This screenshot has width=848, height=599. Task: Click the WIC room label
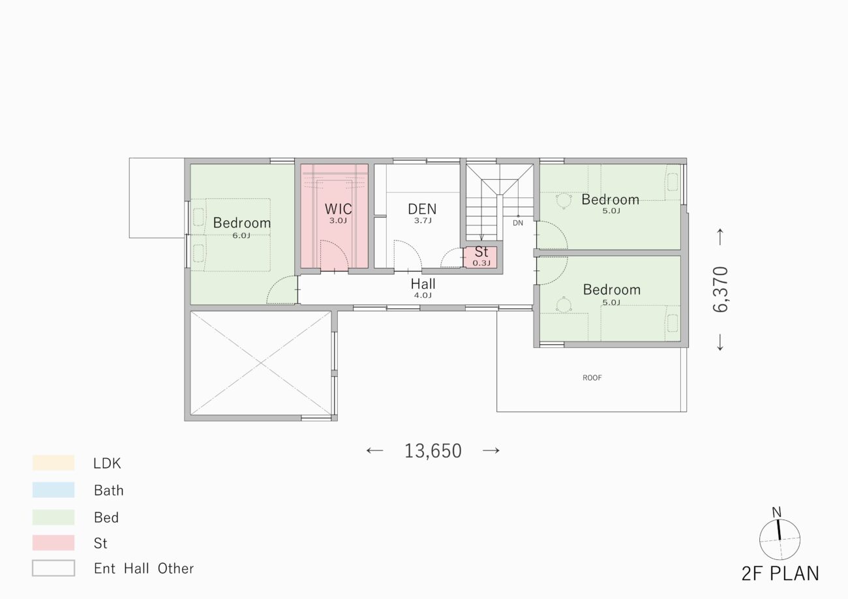coord(338,209)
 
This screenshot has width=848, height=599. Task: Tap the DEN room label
coord(422,209)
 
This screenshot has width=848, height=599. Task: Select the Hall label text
coord(423,284)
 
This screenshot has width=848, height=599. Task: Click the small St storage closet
coord(481,257)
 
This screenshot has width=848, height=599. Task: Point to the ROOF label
coord(592,377)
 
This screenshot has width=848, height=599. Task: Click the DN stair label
coord(518,223)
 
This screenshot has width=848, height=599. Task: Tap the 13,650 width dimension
coord(433,450)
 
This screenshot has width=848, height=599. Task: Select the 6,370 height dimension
coord(720,289)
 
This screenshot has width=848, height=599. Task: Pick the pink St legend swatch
coord(53,543)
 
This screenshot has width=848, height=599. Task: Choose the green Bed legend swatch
coord(53,517)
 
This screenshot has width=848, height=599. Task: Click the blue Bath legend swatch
coord(53,489)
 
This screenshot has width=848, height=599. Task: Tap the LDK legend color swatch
coord(53,463)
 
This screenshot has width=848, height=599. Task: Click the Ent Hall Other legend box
coord(53,568)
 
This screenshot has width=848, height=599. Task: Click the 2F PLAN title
coord(780,574)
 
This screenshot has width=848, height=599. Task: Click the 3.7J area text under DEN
coord(423,220)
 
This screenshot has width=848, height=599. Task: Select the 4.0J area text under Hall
coord(423,295)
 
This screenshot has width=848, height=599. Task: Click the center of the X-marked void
coord(261,363)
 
